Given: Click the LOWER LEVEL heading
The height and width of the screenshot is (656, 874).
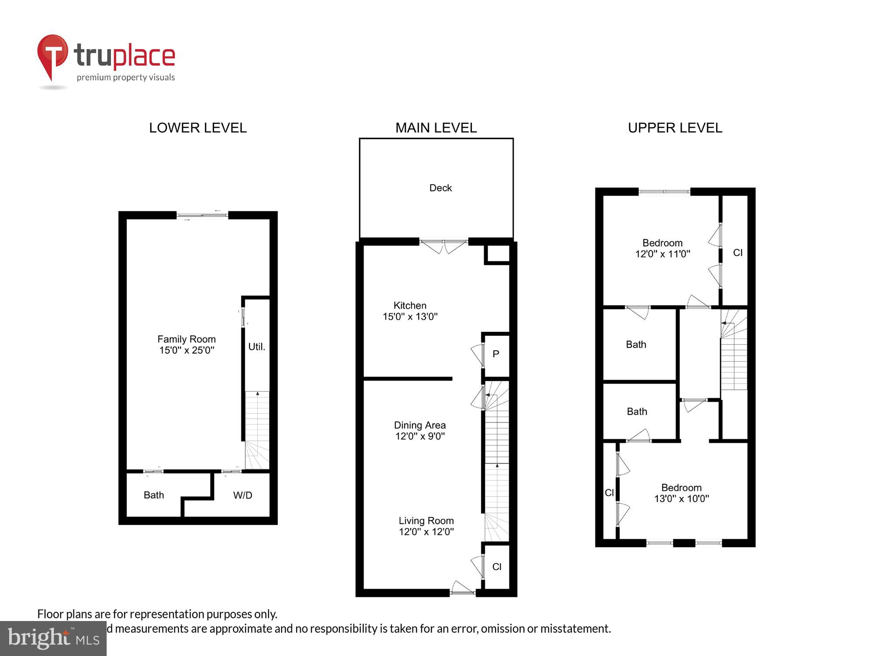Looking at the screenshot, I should click(x=198, y=128).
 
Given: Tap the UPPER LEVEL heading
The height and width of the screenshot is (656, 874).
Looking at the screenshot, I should click(x=675, y=128).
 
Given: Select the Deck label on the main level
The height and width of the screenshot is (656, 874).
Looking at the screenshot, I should click(x=440, y=188).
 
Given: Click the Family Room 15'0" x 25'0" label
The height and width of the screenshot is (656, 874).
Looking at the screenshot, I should click(x=187, y=345).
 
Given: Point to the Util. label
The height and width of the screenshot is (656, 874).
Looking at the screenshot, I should click(x=257, y=347).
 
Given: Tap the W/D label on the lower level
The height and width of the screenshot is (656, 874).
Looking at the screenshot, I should click(x=243, y=495).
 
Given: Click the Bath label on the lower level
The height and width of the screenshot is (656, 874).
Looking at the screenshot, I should click(x=154, y=495).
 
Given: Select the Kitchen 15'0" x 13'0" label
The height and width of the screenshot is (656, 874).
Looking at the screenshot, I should click(x=410, y=311).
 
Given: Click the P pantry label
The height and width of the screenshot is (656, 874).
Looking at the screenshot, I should click(x=496, y=354).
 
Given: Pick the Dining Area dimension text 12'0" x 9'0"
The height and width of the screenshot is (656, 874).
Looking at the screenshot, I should click(x=420, y=436).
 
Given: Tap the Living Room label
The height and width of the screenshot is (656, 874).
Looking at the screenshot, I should click(x=426, y=521).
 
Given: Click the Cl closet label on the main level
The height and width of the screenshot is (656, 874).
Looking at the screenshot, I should click(x=496, y=567).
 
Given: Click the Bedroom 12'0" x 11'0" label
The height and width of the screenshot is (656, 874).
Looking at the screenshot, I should click(x=662, y=248).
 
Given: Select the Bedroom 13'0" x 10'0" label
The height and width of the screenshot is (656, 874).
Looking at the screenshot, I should click(x=681, y=493).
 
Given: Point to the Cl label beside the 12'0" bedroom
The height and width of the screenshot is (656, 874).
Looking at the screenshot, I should click(x=738, y=253).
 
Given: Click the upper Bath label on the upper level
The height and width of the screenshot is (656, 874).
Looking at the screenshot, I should click(x=636, y=345).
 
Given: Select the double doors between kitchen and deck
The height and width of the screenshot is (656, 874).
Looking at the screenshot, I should click(x=444, y=246).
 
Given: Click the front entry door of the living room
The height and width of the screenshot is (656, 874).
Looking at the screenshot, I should click(x=462, y=589).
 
